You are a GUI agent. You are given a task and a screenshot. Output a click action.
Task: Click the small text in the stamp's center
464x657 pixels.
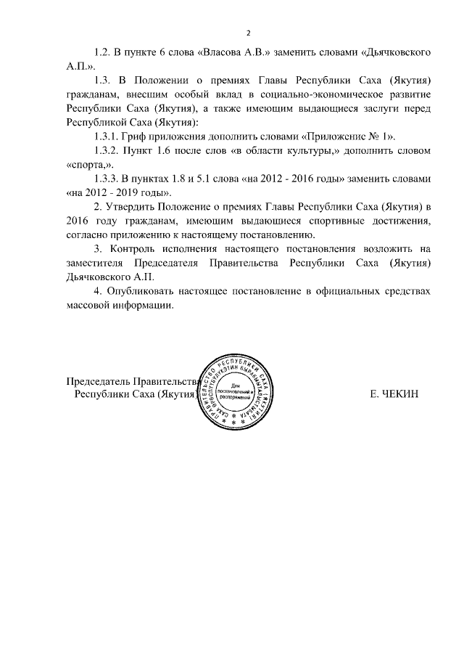tap(234, 391)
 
